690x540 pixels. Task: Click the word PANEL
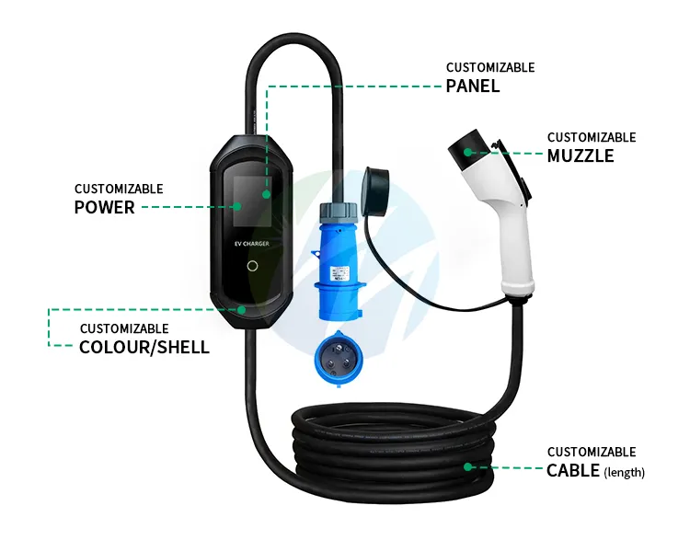click(x=473, y=86)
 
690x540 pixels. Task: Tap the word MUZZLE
click(x=581, y=155)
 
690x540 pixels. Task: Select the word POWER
click(x=104, y=207)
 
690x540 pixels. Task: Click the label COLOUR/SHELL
click(x=144, y=347)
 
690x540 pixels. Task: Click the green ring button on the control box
click(x=253, y=266)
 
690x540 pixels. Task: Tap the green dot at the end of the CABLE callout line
click(x=468, y=466)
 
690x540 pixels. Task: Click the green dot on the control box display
click(x=267, y=195)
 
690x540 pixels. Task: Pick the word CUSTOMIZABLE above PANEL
click(x=490, y=67)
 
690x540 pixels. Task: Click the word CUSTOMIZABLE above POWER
click(x=119, y=189)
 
